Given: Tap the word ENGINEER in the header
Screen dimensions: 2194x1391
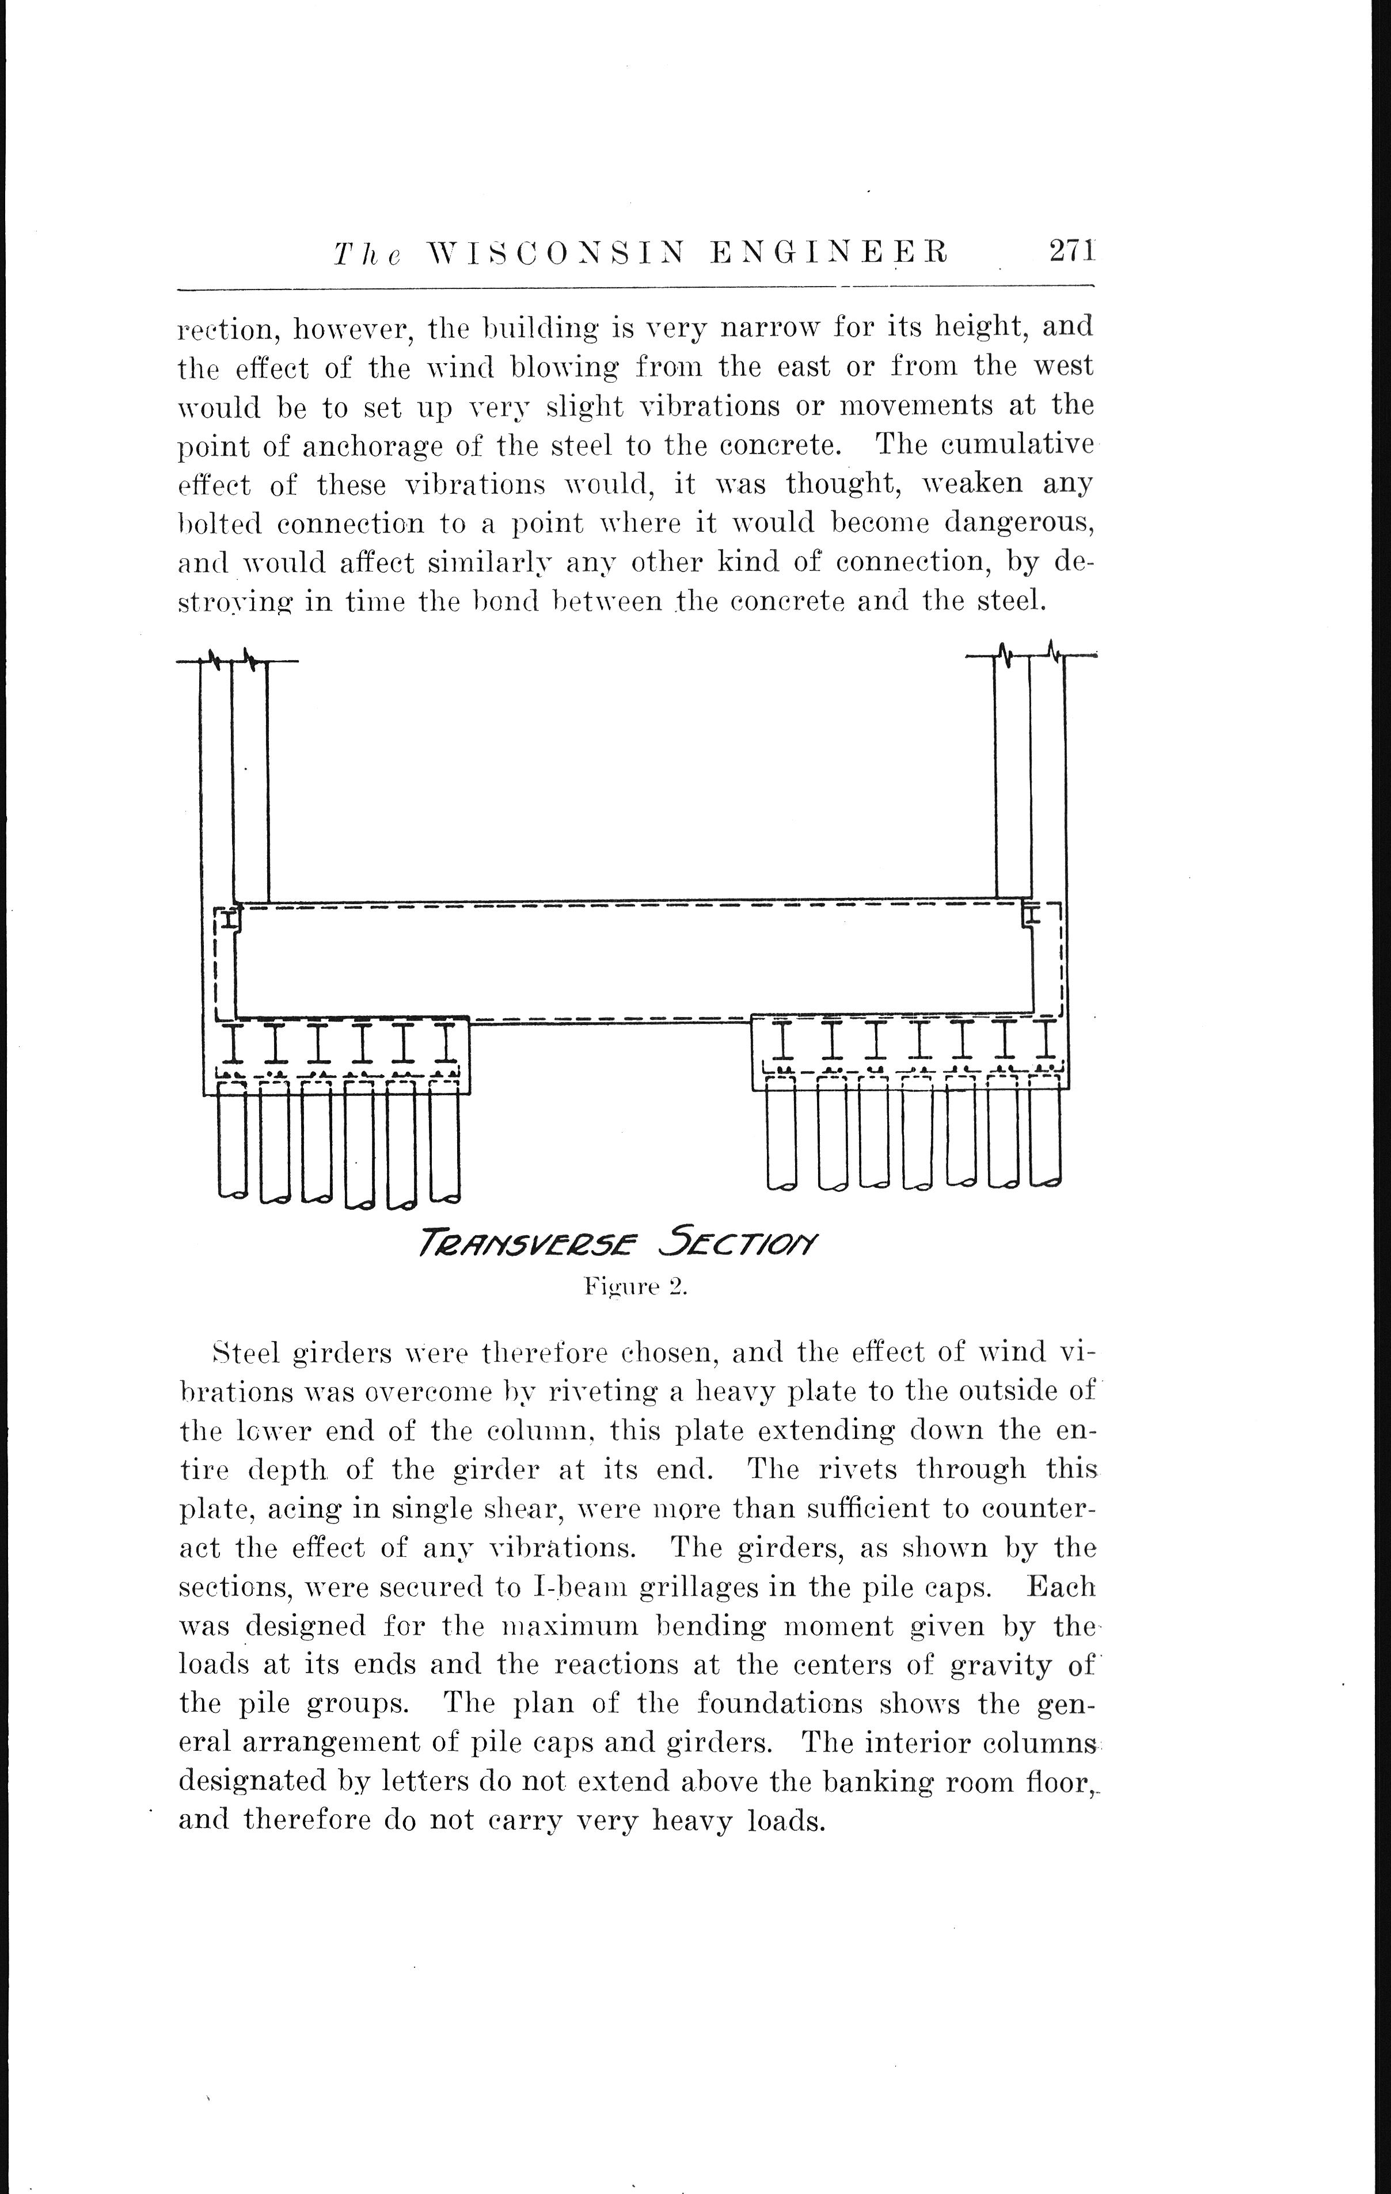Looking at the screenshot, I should pyautogui.click(x=828, y=253).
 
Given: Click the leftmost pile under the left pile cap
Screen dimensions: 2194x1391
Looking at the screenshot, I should pyautogui.click(x=233, y=1139).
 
